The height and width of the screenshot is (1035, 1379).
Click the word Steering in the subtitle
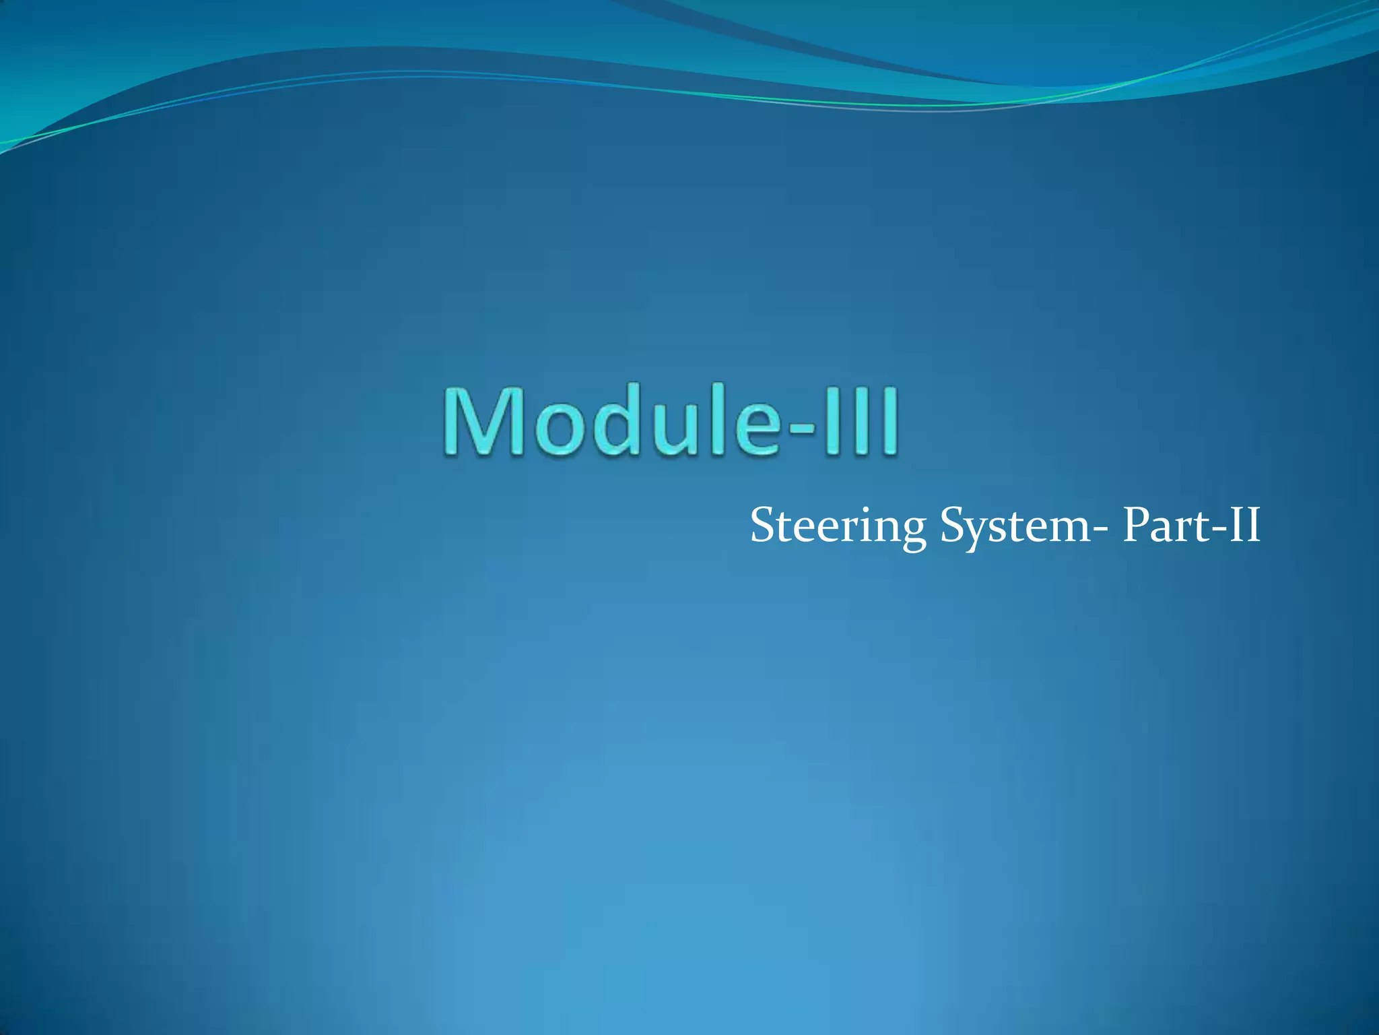[x=838, y=526]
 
